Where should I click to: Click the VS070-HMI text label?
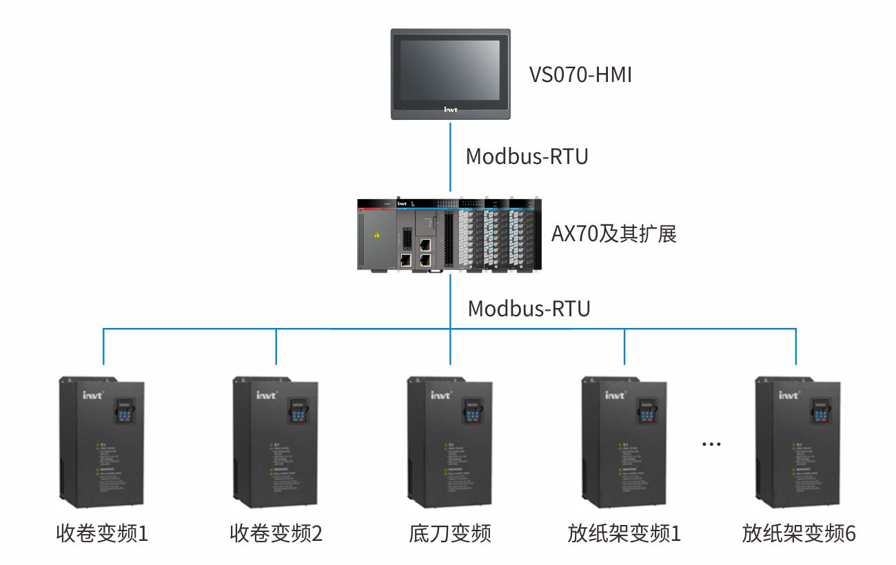pyautogui.click(x=580, y=74)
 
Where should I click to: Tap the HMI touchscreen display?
pyautogui.click(x=451, y=71)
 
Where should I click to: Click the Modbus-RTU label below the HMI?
pyautogui.click(x=527, y=156)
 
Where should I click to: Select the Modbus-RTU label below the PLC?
pyautogui.click(x=529, y=308)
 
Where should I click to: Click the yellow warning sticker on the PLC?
pyautogui.click(x=376, y=235)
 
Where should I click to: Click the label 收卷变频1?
pyautogui.click(x=102, y=533)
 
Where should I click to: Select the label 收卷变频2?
pyautogui.click(x=276, y=533)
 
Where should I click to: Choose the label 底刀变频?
pyautogui.click(x=450, y=533)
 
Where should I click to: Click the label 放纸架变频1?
pyautogui.click(x=624, y=533)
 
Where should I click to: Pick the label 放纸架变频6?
pyautogui.click(x=798, y=533)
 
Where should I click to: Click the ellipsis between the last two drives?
pyautogui.click(x=711, y=444)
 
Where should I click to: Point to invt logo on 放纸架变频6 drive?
pyautogui.click(x=788, y=395)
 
